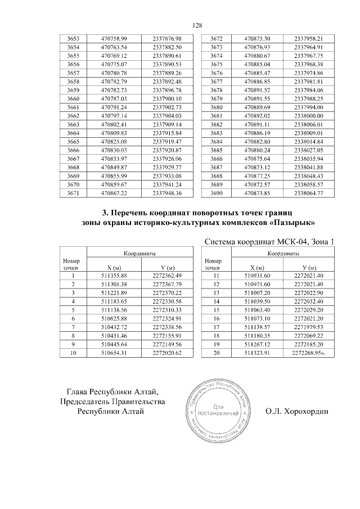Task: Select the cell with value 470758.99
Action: (x=114, y=38)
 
